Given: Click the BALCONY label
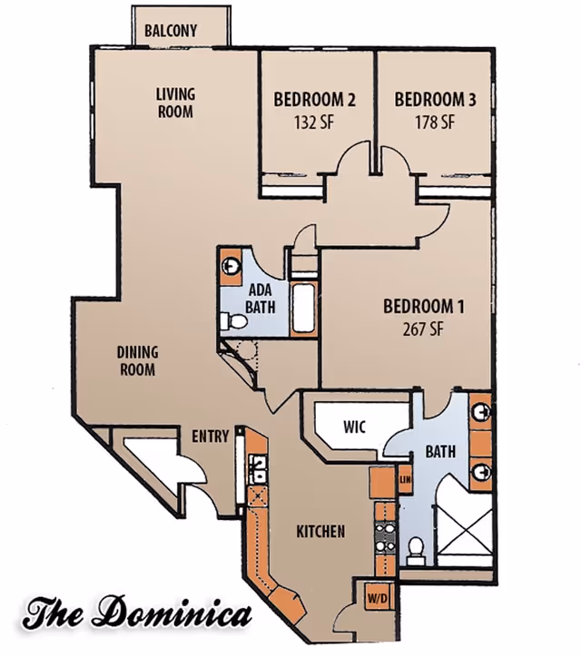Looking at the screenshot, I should pyautogui.click(x=170, y=30).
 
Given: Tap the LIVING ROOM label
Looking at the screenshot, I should pyautogui.click(x=175, y=103).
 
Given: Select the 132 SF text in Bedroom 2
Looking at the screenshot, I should pyautogui.click(x=313, y=123).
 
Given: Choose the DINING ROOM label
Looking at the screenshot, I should pyautogui.click(x=137, y=360).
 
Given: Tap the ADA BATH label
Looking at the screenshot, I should pyautogui.click(x=261, y=299).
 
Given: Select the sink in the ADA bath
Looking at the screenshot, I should pyautogui.click(x=231, y=266).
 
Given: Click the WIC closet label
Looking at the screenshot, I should pyautogui.click(x=354, y=427).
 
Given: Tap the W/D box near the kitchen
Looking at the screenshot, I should pyautogui.click(x=376, y=598).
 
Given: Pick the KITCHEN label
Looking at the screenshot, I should pyautogui.click(x=320, y=531).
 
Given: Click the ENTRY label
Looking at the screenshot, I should pyautogui.click(x=211, y=436).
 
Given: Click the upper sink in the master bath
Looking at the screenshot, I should pyautogui.click(x=482, y=413).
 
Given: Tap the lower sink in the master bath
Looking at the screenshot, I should pyautogui.click(x=482, y=472).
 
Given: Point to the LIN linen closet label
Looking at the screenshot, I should pyautogui.click(x=405, y=477).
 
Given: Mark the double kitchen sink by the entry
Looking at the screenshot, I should pyautogui.click(x=258, y=468).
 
